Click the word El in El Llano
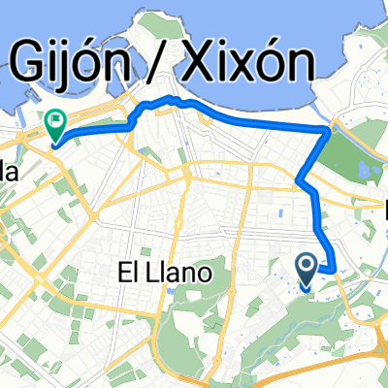point(129,274)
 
